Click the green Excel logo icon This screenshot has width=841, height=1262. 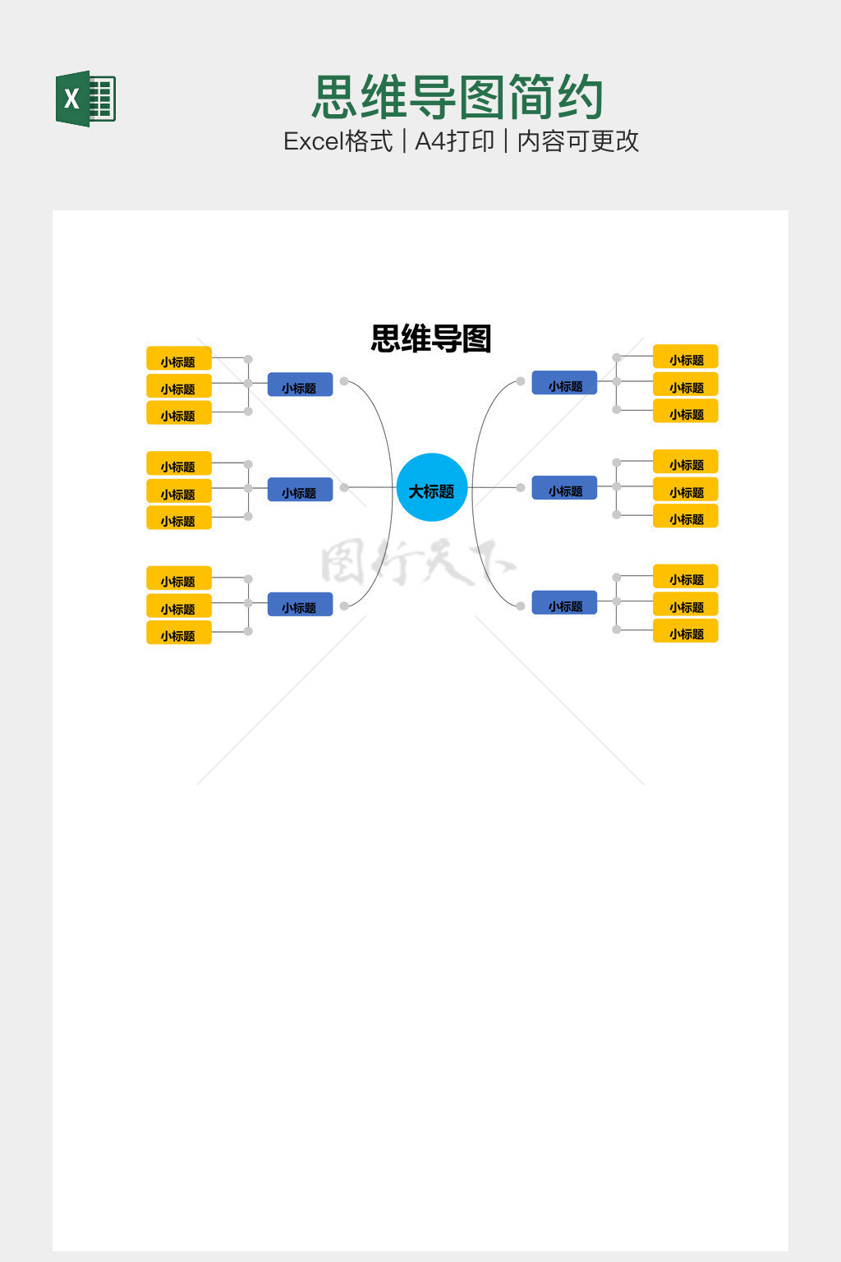85,99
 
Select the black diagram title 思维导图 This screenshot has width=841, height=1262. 431,339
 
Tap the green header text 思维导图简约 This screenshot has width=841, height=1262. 457,98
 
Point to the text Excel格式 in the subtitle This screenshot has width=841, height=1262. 338,141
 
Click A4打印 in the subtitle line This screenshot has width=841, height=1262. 454,141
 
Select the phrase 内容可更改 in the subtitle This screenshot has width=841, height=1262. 577,141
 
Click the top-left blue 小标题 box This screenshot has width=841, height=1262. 300,385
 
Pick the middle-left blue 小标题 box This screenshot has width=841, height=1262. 300,490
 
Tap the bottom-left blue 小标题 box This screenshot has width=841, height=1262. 300,605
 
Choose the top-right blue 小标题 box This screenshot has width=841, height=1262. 564,383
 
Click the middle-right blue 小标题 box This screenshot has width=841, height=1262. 564,488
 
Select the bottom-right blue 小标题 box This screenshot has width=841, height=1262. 564,603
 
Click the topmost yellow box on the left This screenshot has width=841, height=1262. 179,358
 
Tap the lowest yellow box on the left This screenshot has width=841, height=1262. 179,633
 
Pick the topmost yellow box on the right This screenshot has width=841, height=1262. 686,357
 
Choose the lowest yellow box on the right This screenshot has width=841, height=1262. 686,631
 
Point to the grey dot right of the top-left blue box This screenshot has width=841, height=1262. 344,381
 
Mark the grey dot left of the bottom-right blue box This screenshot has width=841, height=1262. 521,606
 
